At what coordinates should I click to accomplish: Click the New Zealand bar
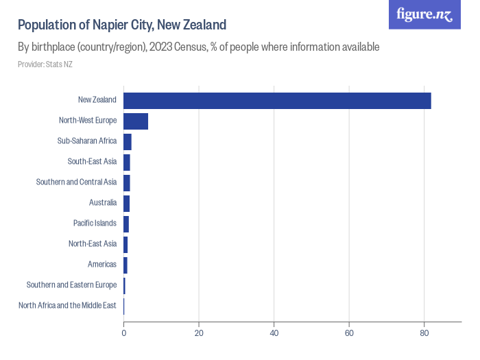tap(277, 100)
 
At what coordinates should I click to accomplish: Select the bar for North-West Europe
tap(136, 121)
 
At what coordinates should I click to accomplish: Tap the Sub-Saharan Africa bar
tap(128, 141)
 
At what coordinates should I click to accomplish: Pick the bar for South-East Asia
tap(127, 162)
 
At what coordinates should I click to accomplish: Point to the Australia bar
tap(127, 203)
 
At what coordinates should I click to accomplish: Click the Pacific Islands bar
tap(126, 224)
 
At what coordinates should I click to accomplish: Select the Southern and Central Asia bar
tap(127, 182)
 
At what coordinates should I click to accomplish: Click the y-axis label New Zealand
tap(97, 100)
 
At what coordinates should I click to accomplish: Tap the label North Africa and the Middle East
tap(67, 305)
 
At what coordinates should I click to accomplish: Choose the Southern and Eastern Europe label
tap(71, 285)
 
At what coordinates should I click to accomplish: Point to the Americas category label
tap(102, 264)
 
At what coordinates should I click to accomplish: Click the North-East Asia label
tap(93, 243)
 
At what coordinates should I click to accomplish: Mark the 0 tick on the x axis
tap(124, 333)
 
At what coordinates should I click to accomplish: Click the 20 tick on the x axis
tap(199, 333)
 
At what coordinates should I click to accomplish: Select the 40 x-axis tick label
tap(274, 333)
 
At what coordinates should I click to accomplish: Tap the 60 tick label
tap(349, 333)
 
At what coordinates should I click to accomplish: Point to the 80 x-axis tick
tap(424, 333)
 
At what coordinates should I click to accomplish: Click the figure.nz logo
tap(425, 14)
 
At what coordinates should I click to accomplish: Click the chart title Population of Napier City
tap(122, 25)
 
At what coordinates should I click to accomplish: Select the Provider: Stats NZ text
tap(45, 64)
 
